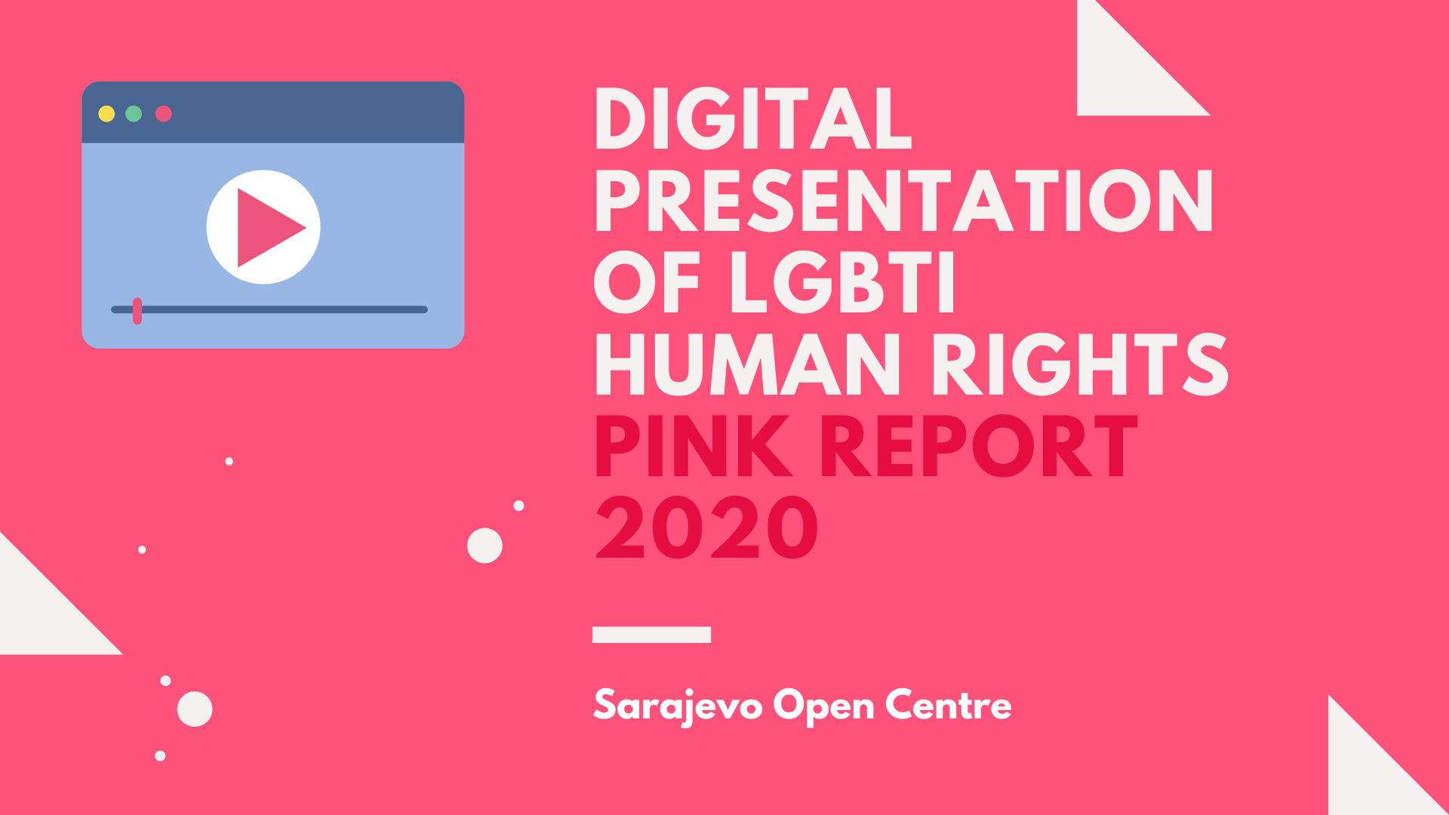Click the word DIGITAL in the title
click(753, 119)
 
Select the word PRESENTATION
click(904, 201)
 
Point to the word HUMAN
click(748, 365)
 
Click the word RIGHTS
click(1080, 365)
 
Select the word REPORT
click(979, 447)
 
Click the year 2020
click(706, 528)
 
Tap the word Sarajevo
click(678, 706)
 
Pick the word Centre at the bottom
click(948, 705)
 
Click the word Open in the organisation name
click(823, 708)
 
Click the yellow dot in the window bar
click(106, 114)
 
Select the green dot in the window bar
click(134, 114)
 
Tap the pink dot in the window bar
click(164, 114)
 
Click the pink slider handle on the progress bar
click(137, 311)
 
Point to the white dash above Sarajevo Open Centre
click(651, 635)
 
